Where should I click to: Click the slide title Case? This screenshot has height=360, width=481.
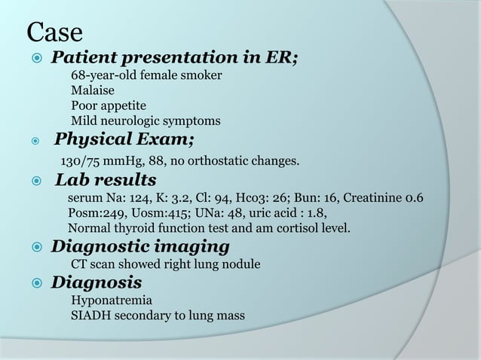[54, 33]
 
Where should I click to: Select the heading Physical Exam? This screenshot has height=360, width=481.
[125, 139]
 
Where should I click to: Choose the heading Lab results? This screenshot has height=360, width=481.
[106, 180]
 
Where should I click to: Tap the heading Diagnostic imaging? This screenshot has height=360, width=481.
[140, 246]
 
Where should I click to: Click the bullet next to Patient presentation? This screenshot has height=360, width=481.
[35, 58]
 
